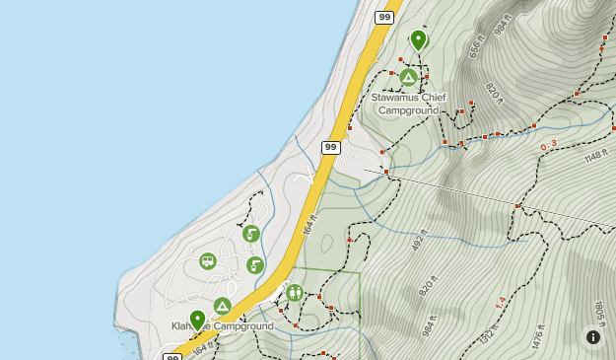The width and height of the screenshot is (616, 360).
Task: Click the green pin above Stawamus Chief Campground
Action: [x=418, y=39]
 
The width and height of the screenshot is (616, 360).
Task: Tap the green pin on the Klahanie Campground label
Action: [x=197, y=319]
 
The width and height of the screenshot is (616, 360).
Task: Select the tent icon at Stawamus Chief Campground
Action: [x=408, y=76]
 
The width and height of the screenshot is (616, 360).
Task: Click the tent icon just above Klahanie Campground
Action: [x=222, y=306]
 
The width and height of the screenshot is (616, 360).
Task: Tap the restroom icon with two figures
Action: [x=295, y=292]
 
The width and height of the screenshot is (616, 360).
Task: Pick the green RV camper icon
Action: [x=207, y=261]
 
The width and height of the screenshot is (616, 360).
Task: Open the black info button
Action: [x=593, y=337]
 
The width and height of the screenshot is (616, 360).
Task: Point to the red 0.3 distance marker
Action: [x=548, y=146]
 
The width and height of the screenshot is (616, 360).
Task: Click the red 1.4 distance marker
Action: [x=501, y=302]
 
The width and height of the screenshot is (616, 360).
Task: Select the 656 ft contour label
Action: [x=477, y=47]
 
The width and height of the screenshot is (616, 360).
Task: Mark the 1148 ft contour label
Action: [x=594, y=156]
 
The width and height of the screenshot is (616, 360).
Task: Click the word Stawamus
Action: [x=396, y=97]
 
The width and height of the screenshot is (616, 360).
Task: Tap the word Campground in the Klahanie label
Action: [x=242, y=326]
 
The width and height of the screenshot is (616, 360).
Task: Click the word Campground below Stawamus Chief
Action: [x=408, y=109]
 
